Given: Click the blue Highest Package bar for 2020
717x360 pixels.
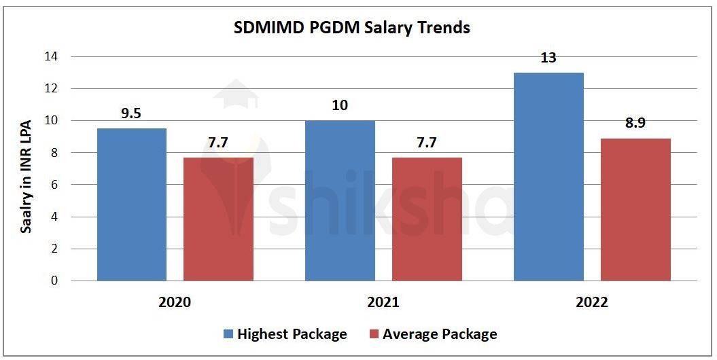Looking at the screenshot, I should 132,204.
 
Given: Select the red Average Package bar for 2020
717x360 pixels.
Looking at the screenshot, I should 218,219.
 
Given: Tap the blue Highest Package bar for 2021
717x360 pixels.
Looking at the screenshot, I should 340,200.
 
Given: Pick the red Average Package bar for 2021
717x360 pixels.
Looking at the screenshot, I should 426,219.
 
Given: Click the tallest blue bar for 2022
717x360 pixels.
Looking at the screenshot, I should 548,177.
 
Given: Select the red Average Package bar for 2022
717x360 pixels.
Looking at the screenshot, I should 635,209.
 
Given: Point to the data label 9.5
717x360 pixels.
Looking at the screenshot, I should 131,113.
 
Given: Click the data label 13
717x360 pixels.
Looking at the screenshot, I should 548,58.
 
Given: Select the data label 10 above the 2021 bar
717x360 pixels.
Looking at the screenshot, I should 340,105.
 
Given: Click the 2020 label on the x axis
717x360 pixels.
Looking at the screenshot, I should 175,302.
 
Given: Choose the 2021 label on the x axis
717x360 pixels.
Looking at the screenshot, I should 383,302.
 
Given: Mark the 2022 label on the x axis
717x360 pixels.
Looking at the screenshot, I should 591,302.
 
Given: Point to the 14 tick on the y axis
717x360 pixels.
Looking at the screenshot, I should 51,56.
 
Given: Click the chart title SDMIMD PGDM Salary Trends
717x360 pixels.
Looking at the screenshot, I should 352,28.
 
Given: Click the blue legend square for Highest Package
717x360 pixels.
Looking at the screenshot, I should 228,334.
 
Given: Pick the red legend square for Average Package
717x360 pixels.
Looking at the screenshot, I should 374,334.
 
